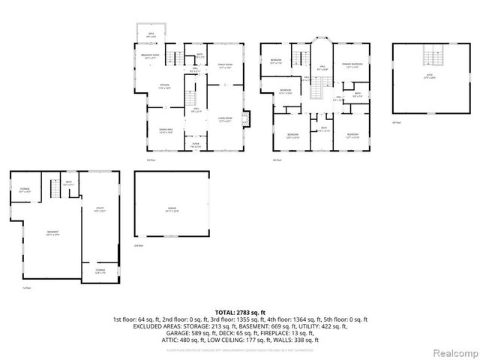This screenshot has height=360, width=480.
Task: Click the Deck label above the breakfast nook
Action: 151,34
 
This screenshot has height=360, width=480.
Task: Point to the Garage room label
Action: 172,211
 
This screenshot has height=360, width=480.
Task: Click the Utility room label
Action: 98,211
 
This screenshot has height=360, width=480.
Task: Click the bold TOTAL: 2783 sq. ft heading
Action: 239,312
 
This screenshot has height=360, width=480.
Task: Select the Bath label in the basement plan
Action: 68,182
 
